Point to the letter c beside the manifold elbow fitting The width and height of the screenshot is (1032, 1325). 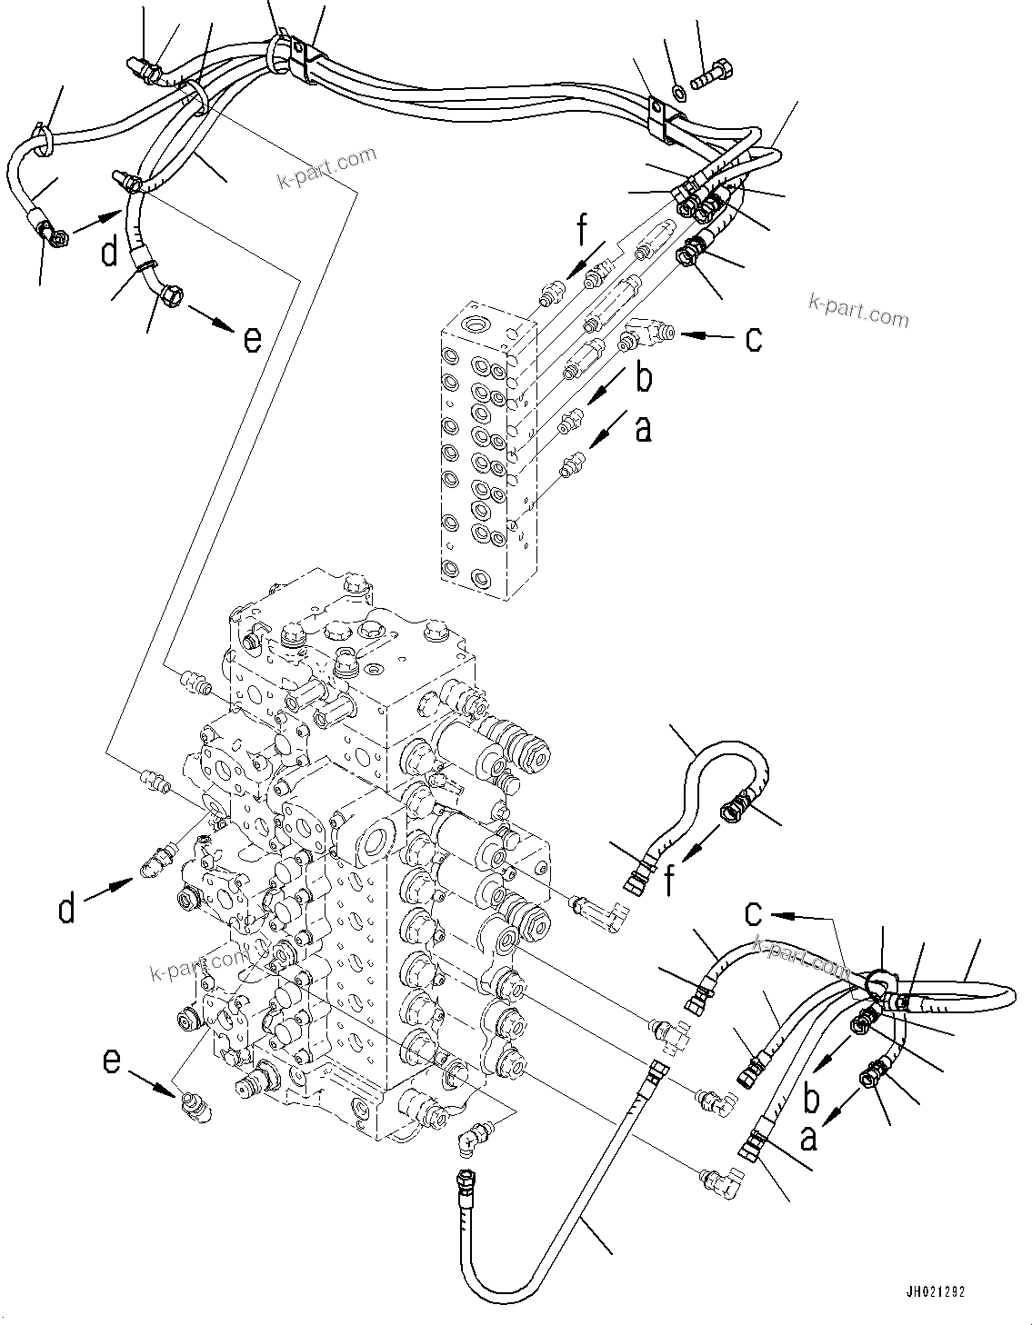753,338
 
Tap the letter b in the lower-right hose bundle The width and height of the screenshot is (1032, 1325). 811,1098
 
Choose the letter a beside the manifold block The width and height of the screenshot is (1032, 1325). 643,428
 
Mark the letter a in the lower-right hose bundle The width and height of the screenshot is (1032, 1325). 807,1137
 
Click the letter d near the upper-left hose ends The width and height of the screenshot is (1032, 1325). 109,252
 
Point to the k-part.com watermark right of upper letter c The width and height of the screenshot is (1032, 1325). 857,311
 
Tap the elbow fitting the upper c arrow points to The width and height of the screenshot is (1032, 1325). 647,334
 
